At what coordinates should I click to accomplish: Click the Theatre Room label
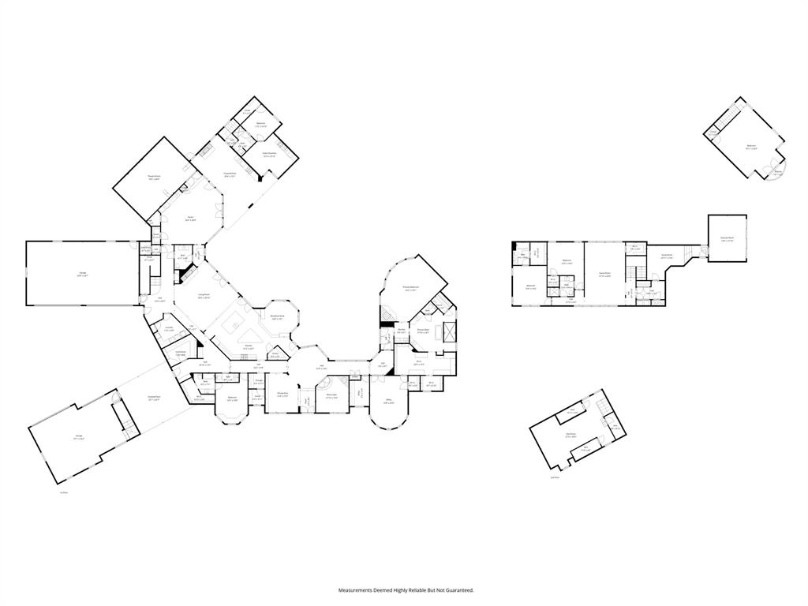pos(155,178)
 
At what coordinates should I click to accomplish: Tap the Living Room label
pos(204,296)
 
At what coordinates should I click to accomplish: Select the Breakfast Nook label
pos(277,318)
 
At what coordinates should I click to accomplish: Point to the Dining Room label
pos(282,394)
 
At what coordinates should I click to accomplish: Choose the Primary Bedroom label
pos(410,288)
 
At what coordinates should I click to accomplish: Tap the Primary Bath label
pos(423,331)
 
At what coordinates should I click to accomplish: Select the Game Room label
pos(605,275)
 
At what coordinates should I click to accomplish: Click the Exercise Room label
pos(728,238)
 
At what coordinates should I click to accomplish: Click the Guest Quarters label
pos(269,154)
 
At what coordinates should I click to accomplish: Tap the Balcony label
pos(778,173)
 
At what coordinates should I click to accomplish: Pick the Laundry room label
pos(169,328)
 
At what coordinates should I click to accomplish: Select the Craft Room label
pos(181,353)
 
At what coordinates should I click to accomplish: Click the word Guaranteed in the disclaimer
pos(458,590)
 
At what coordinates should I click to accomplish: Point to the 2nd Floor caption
pos(554,477)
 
